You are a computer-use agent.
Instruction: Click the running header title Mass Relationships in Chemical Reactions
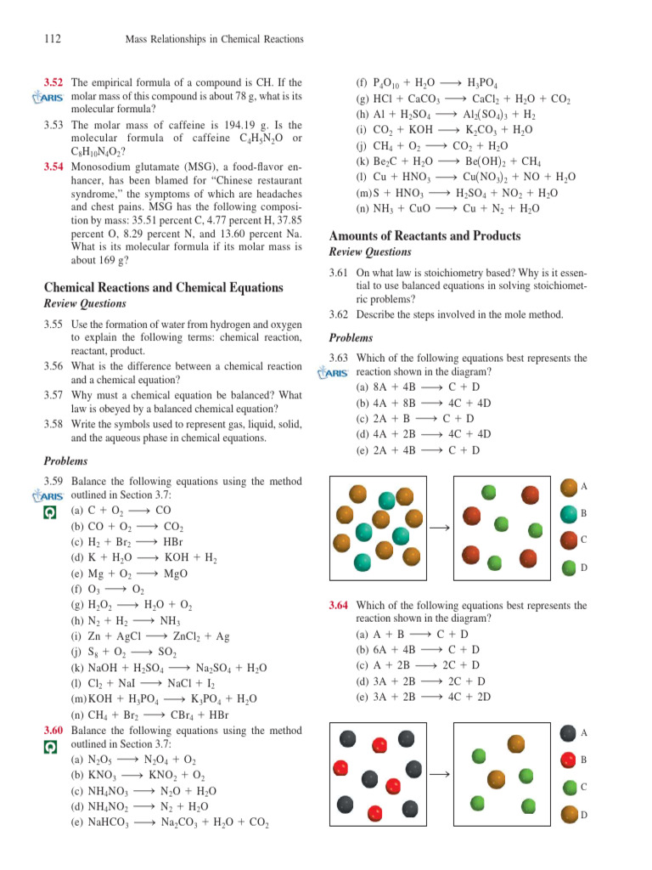(x=214, y=39)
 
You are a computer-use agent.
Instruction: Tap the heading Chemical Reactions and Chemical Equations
(x=163, y=287)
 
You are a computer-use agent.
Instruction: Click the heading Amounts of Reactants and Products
(x=424, y=235)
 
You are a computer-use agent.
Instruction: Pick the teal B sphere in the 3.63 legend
(x=569, y=513)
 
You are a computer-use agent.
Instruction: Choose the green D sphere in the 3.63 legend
(x=569, y=567)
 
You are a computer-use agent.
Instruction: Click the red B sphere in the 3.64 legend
(x=569, y=759)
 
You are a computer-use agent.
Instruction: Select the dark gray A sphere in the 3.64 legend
(x=569, y=732)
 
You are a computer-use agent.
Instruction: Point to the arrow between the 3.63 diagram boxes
(x=439, y=528)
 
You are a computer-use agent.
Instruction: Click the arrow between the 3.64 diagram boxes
(x=439, y=775)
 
